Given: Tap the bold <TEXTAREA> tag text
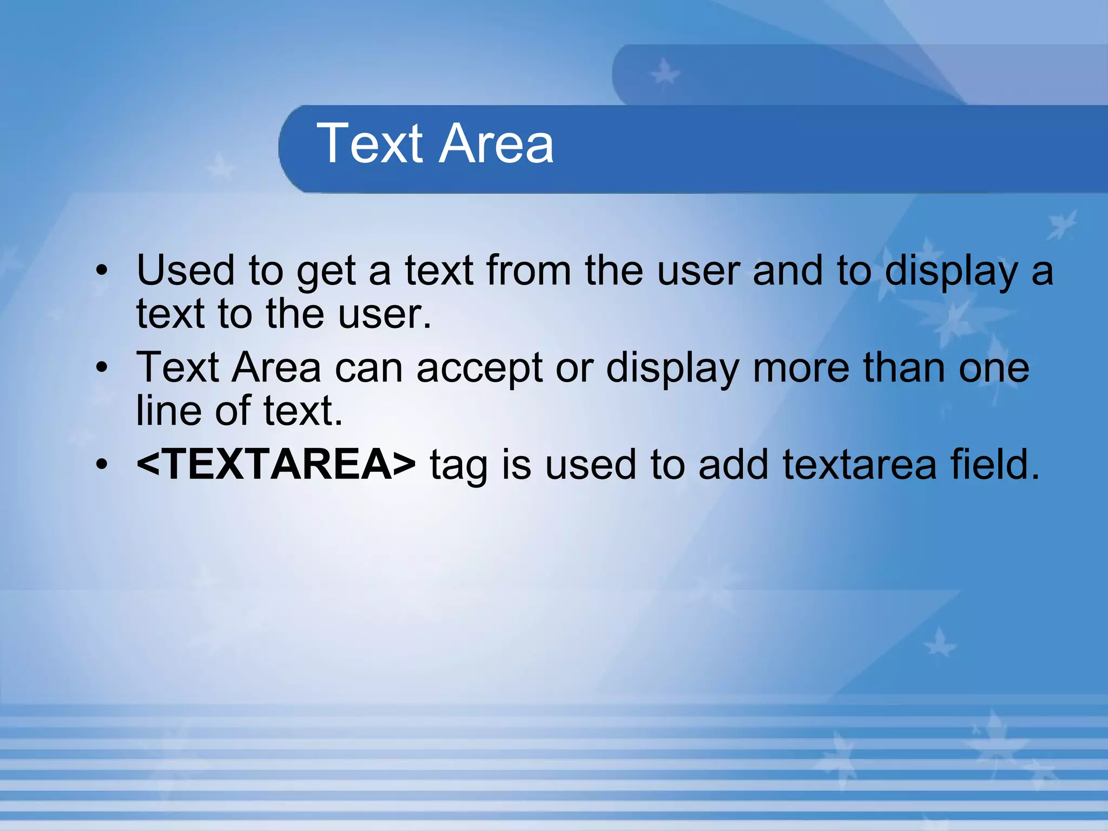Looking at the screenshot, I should [x=276, y=464].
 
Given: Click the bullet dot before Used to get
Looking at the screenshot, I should [x=102, y=271].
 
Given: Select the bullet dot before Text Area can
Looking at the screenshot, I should [x=102, y=368].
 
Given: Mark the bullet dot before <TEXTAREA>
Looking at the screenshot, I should [x=102, y=464].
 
